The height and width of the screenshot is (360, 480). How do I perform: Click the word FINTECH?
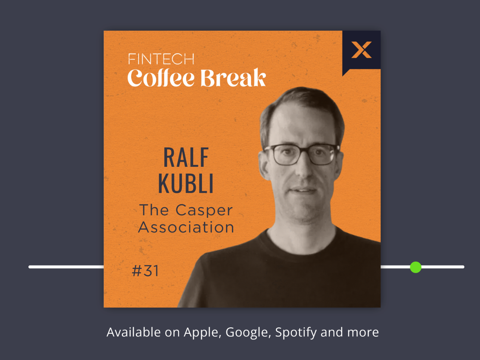coord(161,59)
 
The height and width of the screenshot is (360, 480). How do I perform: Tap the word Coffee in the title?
coord(161,78)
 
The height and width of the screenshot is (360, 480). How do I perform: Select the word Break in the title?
coord(233,77)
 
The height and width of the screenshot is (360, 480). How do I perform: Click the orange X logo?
coord(361,50)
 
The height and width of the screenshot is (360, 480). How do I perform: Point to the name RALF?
coord(186,157)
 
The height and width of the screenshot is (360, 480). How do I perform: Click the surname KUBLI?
coord(186,184)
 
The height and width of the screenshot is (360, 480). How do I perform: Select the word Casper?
coord(204,210)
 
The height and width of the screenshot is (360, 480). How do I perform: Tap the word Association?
coord(186,227)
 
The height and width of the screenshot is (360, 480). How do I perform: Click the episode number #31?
coord(145,271)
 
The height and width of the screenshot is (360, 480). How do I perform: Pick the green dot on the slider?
coord(415,267)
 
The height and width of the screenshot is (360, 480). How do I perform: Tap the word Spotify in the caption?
coord(296,333)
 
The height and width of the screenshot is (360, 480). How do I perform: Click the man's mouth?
coord(303,190)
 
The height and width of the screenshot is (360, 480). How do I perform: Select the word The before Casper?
coord(154,210)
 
